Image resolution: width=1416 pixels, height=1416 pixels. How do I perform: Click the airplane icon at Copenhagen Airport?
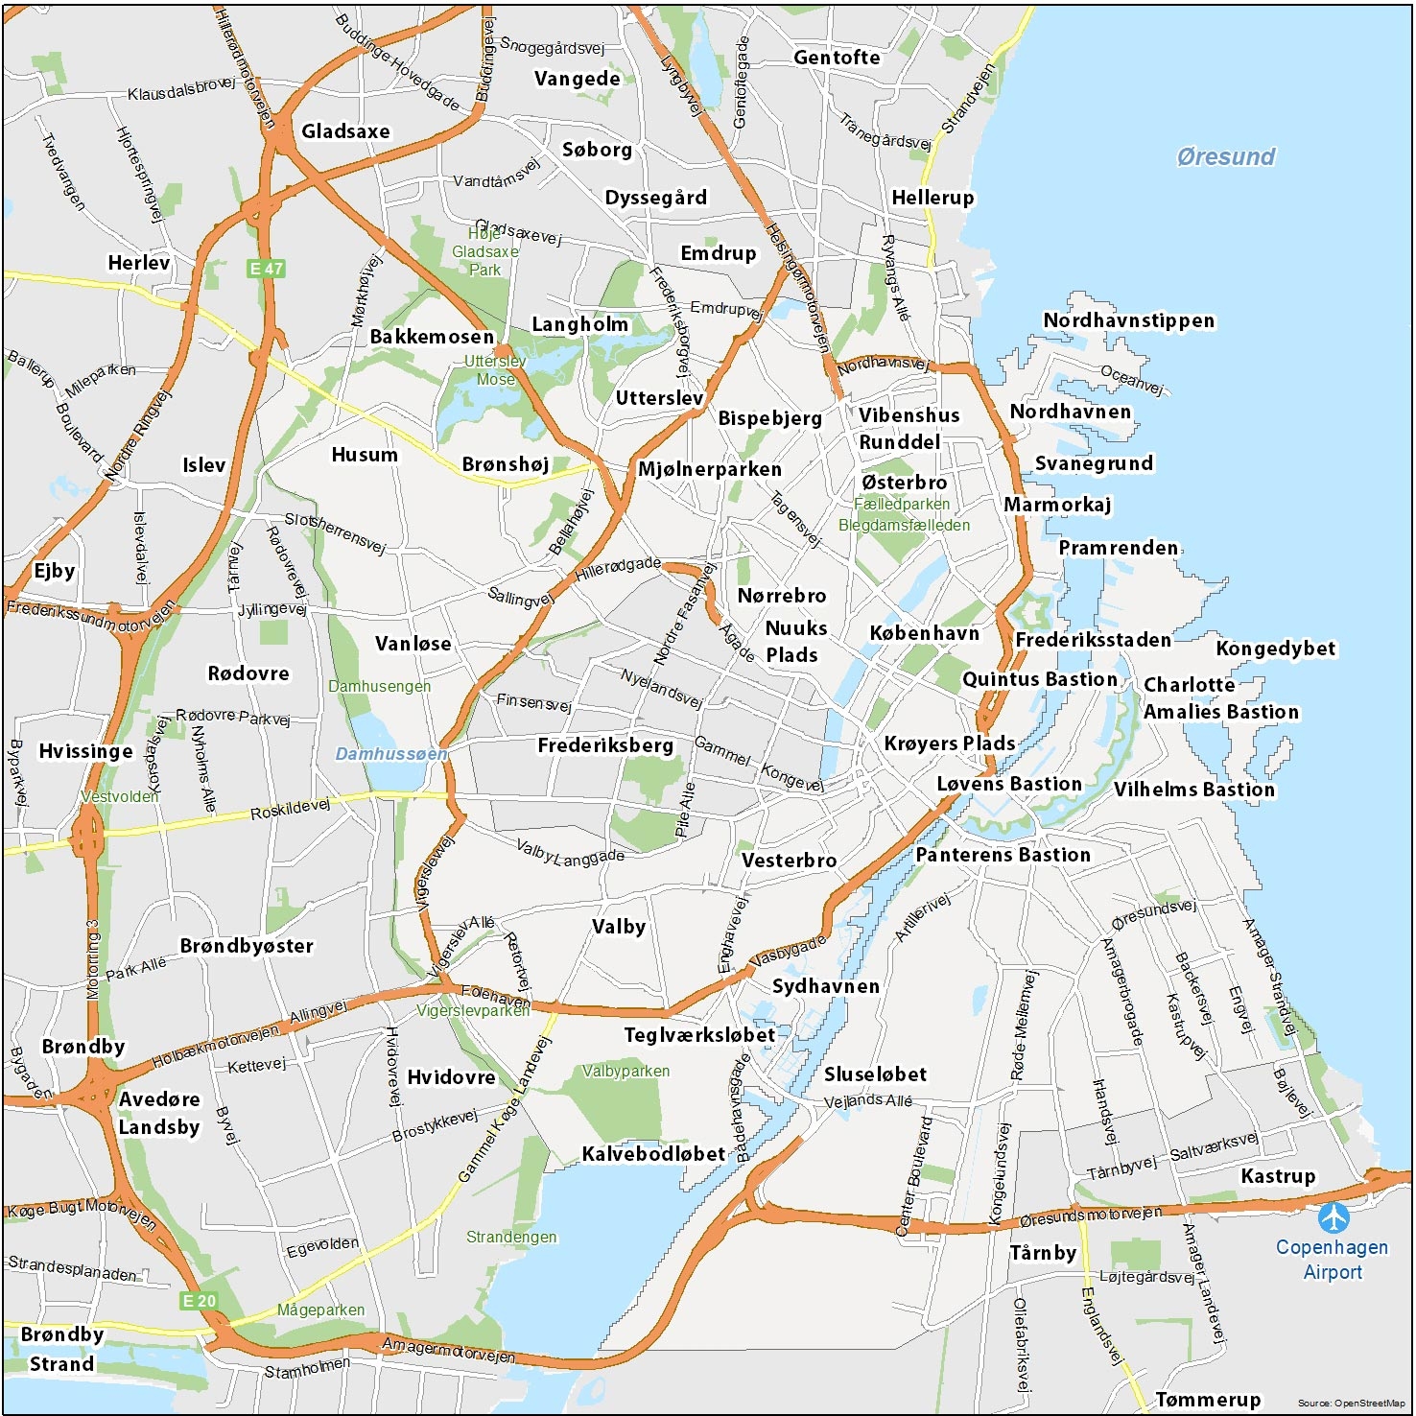1333,1217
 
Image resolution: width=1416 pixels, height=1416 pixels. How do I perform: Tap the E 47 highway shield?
266,269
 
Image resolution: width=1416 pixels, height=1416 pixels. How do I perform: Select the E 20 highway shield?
200,1301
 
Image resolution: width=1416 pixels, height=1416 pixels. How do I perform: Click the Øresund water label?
1226,157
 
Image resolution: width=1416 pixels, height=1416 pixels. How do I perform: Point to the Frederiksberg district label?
605,745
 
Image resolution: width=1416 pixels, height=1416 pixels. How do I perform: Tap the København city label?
925,633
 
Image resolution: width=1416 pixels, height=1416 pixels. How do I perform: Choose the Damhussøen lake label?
391,754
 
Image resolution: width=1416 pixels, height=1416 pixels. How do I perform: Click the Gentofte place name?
837,58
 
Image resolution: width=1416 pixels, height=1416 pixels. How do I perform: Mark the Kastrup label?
1278,1176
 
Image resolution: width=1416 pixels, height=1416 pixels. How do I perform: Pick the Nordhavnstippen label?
1129,320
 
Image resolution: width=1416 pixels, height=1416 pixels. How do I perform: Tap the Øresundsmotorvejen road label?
1090,1216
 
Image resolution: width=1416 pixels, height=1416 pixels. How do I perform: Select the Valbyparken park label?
625,1071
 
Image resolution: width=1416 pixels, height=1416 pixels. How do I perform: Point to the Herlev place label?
139,263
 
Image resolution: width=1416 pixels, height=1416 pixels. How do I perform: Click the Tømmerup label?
1208,1400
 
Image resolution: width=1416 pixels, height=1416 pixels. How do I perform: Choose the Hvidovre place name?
451,1077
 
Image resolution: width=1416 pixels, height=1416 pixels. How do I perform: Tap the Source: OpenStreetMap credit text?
1352,1404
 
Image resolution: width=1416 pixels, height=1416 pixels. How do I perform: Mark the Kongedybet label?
1275,649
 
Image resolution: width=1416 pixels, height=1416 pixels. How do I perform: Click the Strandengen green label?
511,1238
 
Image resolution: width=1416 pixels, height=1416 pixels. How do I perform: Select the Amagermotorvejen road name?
448,1351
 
